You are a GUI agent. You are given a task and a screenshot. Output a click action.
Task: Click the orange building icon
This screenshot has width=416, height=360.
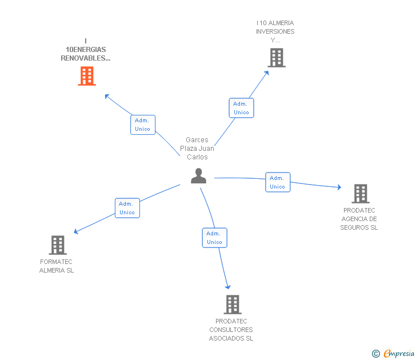[87, 76]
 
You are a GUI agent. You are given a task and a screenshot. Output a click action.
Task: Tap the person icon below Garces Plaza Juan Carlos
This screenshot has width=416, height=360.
[198, 175]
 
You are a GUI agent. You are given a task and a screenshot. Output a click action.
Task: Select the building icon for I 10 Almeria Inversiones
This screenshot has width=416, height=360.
[277, 58]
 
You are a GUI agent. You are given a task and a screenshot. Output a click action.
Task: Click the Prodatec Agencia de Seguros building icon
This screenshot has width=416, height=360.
[361, 194]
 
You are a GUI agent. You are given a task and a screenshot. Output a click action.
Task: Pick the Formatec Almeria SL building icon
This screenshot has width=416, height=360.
[58, 245]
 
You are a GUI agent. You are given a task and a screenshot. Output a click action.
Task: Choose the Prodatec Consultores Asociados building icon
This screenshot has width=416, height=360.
[233, 305]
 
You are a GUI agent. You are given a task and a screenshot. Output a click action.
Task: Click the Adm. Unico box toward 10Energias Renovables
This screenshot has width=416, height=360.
[143, 125]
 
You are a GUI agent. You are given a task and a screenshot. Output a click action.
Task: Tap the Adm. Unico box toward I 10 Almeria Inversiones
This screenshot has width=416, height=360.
[241, 108]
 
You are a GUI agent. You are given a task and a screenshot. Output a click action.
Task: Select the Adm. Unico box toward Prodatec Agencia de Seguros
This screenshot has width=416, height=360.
[278, 182]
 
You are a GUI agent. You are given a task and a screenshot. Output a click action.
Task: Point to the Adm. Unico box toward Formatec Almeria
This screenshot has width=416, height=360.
[127, 208]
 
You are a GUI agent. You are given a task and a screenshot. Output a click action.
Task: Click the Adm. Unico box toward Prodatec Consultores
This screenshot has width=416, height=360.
[215, 238]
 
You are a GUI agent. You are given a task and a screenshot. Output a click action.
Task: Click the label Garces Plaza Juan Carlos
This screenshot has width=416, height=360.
[197, 149]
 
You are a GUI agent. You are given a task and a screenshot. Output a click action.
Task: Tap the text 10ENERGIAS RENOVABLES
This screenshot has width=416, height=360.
[86, 54]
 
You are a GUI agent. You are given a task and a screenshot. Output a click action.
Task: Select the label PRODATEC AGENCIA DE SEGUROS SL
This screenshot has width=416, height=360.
[359, 219]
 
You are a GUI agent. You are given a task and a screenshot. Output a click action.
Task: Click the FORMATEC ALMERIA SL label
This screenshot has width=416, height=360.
[56, 266]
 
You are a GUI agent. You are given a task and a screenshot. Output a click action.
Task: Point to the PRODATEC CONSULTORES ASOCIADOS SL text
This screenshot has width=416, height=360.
[231, 330]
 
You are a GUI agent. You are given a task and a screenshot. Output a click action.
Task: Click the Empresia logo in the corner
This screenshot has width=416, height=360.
[393, 353]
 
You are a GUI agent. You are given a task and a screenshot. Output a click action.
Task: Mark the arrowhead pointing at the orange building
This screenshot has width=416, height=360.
[107, 96]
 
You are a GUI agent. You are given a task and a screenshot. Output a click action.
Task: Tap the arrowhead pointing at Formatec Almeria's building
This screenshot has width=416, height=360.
[76, 231]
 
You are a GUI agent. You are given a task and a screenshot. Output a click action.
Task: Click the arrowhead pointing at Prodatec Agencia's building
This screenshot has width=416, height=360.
[339, 187]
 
